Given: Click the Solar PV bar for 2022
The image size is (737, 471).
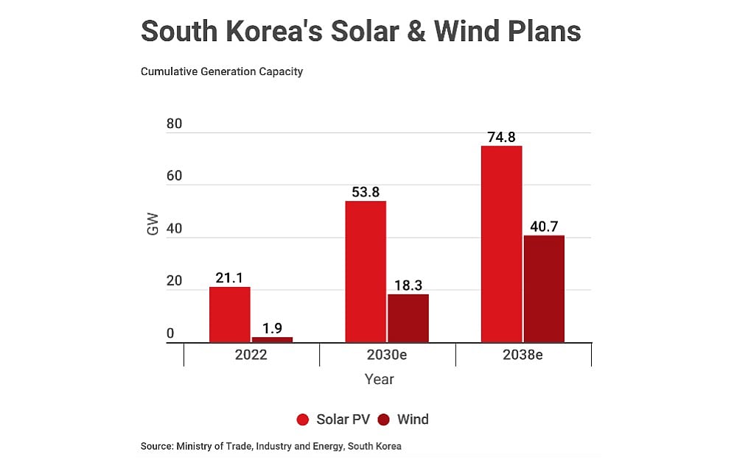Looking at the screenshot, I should coord(229,314).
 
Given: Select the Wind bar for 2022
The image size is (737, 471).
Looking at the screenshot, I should coord(272,339).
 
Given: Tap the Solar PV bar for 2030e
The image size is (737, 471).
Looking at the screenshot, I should coord(366,272).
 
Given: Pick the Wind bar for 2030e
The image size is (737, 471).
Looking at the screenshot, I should coord(408,318).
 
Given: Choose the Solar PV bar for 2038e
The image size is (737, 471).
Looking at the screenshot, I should coord(501,244).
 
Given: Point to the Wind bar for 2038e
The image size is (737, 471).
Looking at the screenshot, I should coord(544,288).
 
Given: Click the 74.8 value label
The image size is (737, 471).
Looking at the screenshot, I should coord(501,137).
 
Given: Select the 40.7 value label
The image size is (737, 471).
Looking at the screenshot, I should coord(544,226).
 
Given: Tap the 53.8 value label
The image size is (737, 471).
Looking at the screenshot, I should coord(366,192).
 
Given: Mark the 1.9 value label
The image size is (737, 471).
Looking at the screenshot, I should coord(272,327).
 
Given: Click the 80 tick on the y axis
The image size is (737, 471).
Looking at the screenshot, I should coord(174,124).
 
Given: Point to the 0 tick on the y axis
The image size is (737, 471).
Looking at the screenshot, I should coord(170,334).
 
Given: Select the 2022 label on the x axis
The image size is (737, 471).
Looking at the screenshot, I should coord(251,354).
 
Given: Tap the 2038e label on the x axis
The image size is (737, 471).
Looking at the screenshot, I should coord(523,354).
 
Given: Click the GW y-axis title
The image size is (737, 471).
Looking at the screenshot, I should coord(153,228).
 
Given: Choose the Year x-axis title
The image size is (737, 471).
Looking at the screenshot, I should coord(380,380).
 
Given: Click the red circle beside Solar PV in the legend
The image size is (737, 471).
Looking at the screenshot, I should coord(303,419).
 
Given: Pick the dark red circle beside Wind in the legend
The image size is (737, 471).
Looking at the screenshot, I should coord(383,419).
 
